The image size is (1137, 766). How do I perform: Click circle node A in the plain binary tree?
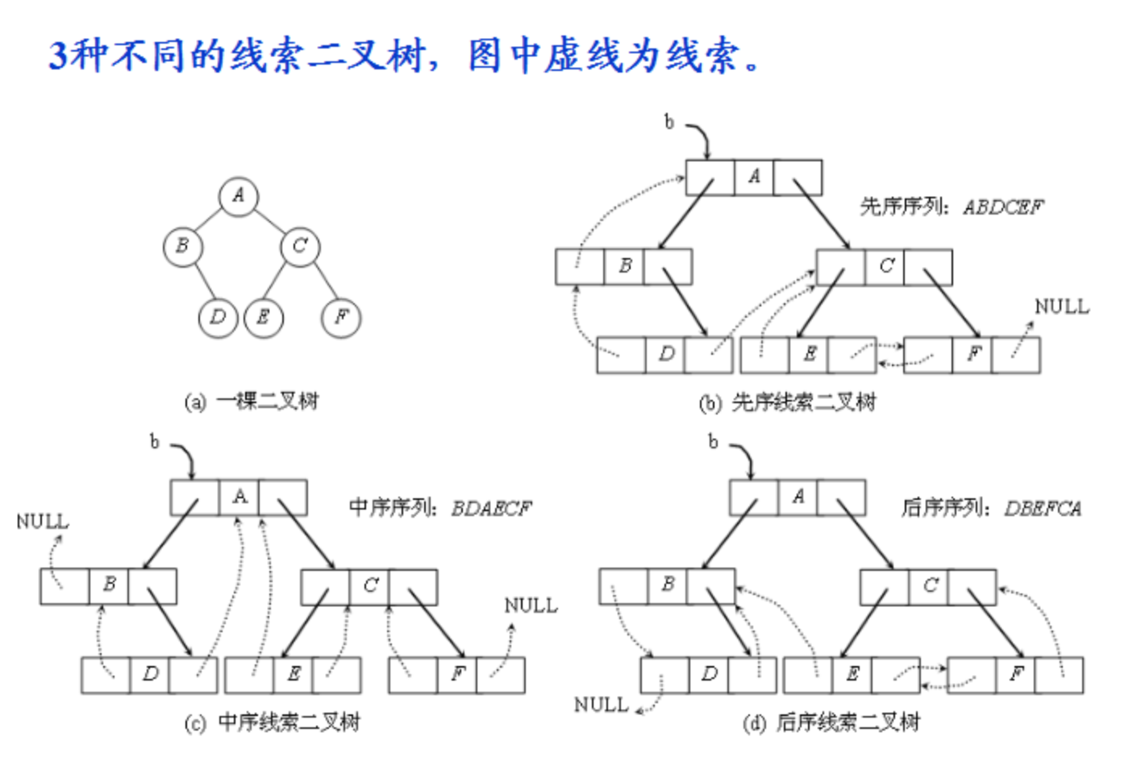[238, 196]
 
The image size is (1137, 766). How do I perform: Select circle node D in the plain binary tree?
[217, 318]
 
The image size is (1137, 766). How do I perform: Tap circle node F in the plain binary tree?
[341, 318]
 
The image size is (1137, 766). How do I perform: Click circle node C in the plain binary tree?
[300, 246]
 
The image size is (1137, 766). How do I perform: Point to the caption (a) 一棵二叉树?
[252, 401]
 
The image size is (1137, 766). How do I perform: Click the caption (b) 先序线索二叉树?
[787, 402]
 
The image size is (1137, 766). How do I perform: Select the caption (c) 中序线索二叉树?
[273, 722]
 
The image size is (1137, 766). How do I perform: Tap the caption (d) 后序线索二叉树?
[831, 722]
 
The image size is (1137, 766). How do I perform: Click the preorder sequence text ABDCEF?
[1002, 208]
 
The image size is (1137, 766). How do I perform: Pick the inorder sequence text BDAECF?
[491, 509]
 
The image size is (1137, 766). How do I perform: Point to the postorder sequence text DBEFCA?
[1042, 509]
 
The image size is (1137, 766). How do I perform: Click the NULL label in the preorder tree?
[1061, 307]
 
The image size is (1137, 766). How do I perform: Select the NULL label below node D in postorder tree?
[601, 705]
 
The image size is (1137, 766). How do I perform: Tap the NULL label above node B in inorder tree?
[42, 522]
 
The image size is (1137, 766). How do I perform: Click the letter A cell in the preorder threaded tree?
[754, 177]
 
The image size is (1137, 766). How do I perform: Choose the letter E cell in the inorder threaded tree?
[294, 675]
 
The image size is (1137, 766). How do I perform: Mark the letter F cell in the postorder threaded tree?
[1016, 675]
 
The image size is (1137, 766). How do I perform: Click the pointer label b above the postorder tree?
[713, 442]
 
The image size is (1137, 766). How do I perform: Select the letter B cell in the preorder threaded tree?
[624, 267]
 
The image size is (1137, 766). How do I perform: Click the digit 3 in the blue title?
[57, 56]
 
